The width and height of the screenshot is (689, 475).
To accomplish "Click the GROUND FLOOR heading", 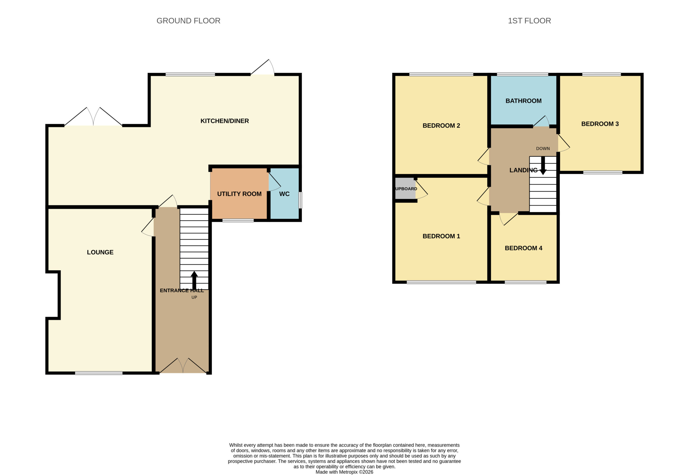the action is point(188,21).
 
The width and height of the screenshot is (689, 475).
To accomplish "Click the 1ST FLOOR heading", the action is point(529,21).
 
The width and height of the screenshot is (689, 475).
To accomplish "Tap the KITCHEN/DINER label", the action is point(225,121).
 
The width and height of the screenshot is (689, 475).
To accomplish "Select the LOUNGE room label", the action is point(100,252).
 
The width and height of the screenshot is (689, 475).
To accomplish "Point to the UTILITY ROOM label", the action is point(239,194).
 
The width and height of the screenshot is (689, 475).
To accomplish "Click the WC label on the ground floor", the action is point(284,194).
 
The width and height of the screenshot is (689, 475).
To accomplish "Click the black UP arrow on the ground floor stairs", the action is point(194,280).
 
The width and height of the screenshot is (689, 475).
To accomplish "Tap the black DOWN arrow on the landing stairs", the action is point(543,166).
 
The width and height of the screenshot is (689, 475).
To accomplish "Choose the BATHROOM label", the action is point(523,101).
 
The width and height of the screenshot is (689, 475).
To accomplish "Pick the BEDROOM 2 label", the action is point(441,125).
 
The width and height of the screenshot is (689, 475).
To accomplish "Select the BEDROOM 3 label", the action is point(600,124).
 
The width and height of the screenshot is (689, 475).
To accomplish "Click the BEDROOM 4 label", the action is point(523,248).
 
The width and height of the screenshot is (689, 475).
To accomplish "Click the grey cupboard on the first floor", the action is point(405,188).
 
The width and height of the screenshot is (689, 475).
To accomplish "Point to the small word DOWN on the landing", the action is point(543,149).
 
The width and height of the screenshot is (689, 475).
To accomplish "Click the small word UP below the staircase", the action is point(194,297).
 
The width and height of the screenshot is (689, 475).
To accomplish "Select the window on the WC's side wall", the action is point(300,200).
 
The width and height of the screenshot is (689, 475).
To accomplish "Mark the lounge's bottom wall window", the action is point(99,373).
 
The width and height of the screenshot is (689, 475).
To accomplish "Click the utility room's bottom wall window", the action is point(238,221).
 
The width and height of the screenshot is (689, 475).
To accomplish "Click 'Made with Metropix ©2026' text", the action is point(344,472).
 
